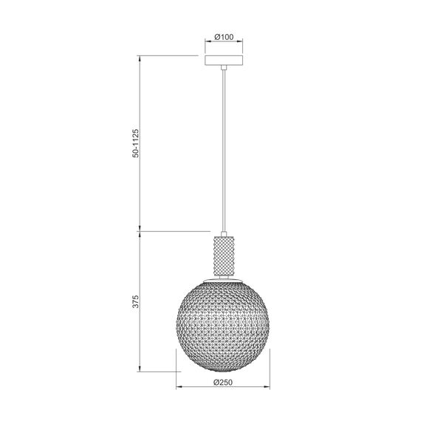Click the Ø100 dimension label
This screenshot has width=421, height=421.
(x=224, y=35)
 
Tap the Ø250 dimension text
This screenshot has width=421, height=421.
(x=223, y=382)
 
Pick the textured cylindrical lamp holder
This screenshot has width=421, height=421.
(x=224, y=255)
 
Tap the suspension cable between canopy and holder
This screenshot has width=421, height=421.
(x=224, y=148)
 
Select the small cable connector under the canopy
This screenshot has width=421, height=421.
(x=224, y=69)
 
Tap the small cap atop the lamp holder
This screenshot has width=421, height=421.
(x=224, y=233)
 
